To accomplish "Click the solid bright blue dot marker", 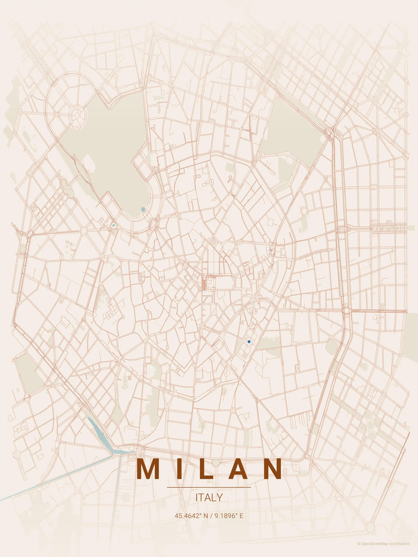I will [249, 342].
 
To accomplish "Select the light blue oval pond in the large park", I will [143, 209].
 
